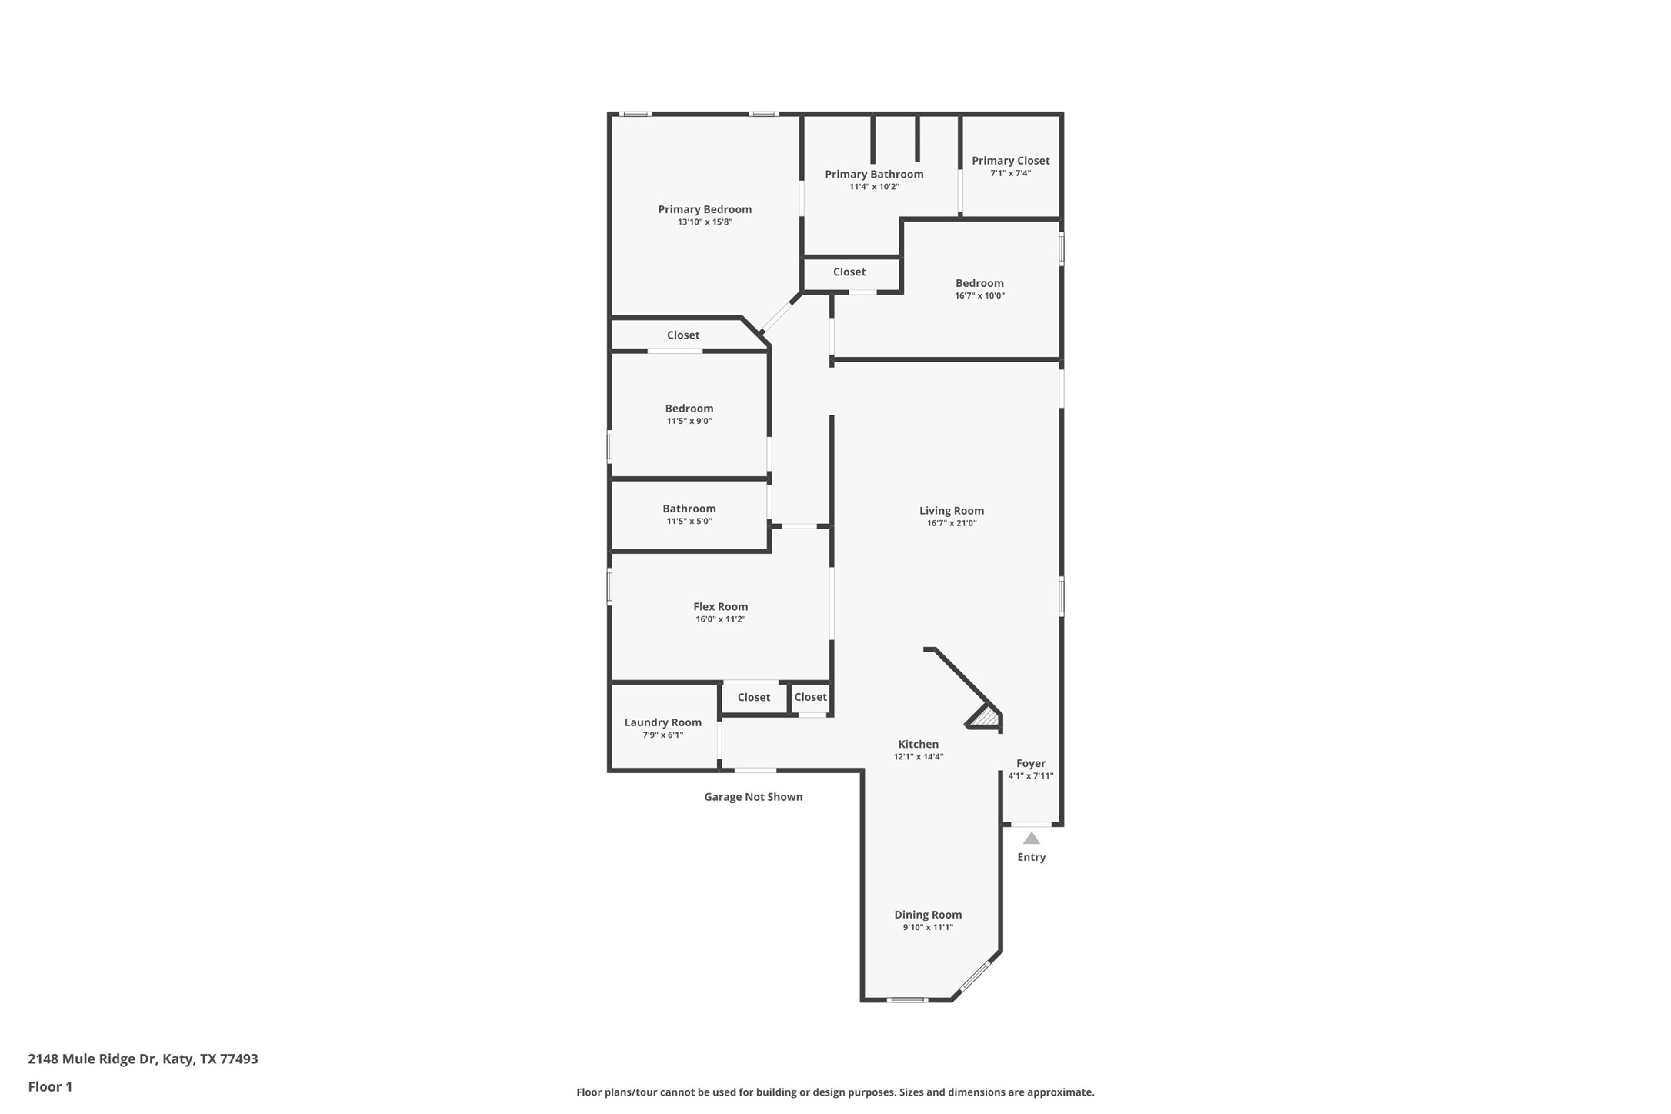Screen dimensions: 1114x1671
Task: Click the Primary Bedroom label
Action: click(704, 209)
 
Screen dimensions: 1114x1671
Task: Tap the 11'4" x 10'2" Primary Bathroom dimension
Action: click(874, 187)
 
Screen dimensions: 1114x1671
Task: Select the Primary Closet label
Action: click(1010, 161)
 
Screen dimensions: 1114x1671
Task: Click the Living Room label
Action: click(951, 511)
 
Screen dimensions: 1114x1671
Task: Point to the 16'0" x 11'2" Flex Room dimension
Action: click(720, 619)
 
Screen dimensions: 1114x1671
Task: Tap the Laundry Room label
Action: click(662, 722)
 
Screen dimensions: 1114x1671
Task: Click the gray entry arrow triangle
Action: click(1031, 839)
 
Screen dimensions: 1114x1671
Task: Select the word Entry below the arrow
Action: click(1031, 857)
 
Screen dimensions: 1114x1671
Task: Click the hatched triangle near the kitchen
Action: click(986, 718)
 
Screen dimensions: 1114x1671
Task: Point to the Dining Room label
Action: click(927, 915)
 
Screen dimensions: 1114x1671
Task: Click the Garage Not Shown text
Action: click(753, 797)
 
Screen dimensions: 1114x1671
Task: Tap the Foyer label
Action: click(1030, 764)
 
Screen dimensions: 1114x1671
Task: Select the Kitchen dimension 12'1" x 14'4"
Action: click(918, 757)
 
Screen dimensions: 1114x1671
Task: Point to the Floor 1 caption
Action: click(50, 1087)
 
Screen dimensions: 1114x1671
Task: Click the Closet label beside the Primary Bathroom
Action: click(849, 272)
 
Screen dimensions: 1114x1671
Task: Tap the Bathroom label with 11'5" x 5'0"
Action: click(689, 509)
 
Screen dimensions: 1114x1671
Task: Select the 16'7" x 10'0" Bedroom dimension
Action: click(979, 296)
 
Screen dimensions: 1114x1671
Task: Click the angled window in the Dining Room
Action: click(975, 976)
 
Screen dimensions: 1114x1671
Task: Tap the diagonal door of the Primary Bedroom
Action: click(779, 315)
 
